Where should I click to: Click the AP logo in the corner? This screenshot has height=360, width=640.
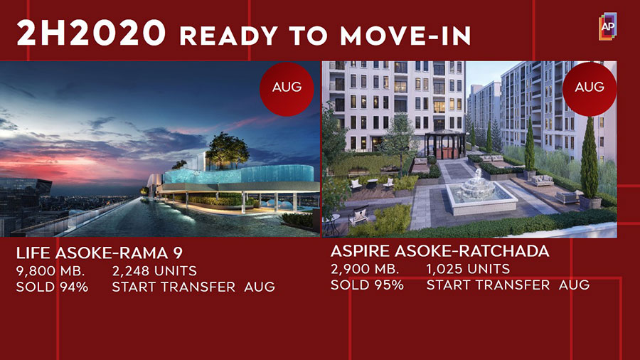tap(608, 26)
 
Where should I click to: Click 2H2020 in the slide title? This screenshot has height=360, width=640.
tap(91, 33)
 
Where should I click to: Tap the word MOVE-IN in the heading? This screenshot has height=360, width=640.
tap(405, 36)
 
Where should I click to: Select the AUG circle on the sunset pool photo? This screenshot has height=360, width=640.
tap(287, 89)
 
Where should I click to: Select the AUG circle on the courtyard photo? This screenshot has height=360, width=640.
tap(590, 89)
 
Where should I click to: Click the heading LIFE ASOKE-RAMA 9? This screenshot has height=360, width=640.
tap(99, 253)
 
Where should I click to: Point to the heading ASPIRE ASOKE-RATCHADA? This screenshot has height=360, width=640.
tap(439, 251)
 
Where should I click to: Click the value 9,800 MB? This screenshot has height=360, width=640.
tap(50, 271)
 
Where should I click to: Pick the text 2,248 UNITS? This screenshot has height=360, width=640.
tap(154, 270)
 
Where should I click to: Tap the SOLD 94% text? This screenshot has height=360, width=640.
tap(52, 287)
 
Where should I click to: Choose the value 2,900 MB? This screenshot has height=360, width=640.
tap(365, 269)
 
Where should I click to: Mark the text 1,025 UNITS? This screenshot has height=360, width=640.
tap(468, 268)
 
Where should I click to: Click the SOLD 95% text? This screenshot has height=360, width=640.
tap(367, 285)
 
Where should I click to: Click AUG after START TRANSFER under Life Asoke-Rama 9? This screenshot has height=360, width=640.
tap(260, 287)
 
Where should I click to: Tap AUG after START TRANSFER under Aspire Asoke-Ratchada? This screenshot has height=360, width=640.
tap(574, 285)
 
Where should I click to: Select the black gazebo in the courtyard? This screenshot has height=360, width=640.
tap(445, 145)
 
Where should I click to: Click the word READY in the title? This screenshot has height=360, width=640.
tap(229, 36)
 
